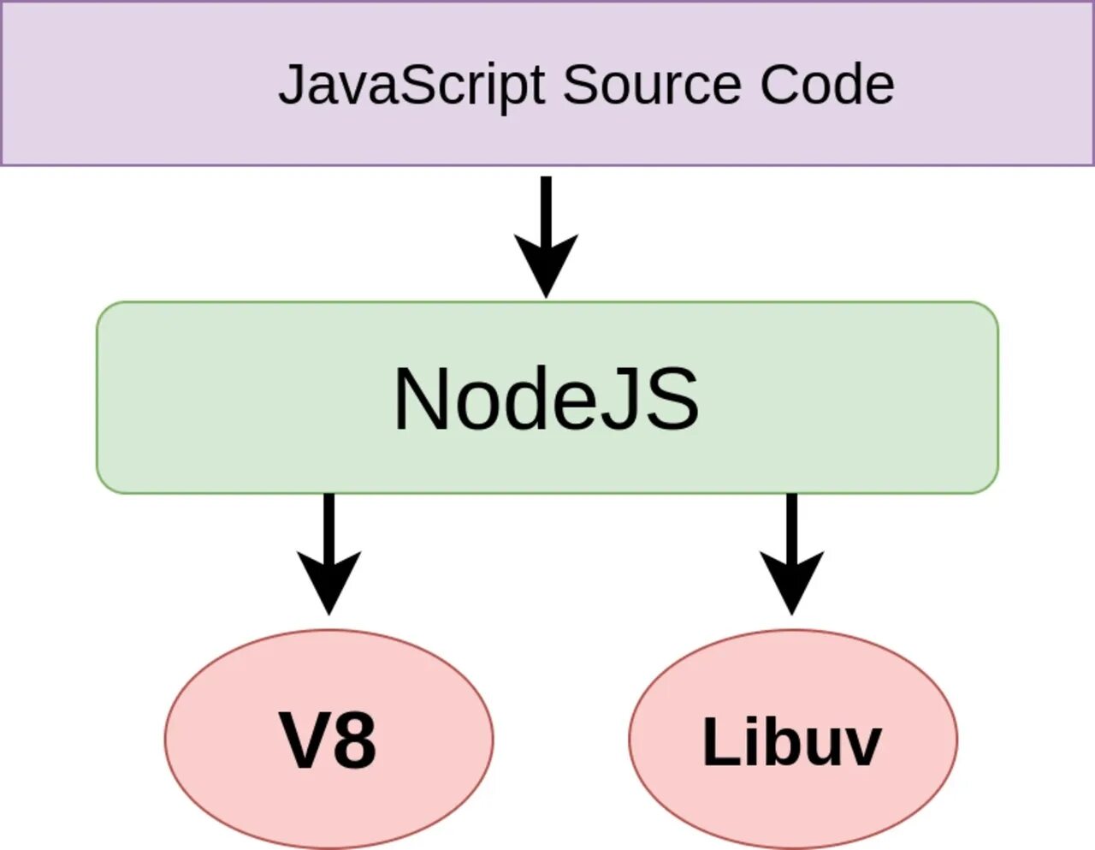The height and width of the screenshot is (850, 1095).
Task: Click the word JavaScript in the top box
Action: pos(411,86)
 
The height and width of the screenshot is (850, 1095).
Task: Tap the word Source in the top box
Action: pos(651,85)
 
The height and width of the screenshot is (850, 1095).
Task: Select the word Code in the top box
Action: pos(826,85)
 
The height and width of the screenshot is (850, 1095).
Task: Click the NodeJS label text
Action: pos(546,399)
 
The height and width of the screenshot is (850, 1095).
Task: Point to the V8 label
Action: pos(328,741)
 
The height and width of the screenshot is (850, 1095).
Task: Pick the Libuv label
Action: pos(791,741)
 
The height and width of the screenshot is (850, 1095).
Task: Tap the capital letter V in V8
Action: pos(304,741)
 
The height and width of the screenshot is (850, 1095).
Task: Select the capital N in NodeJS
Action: pos(423,399)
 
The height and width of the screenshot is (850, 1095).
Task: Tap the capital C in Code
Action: pos(778,85)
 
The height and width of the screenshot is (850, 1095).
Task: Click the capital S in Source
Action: pos(580,85)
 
